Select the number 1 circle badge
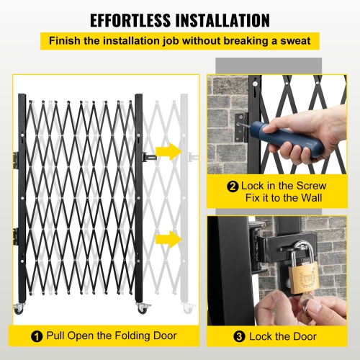[36, 336]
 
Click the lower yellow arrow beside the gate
[168, 238]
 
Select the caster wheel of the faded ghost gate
[188, 309]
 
